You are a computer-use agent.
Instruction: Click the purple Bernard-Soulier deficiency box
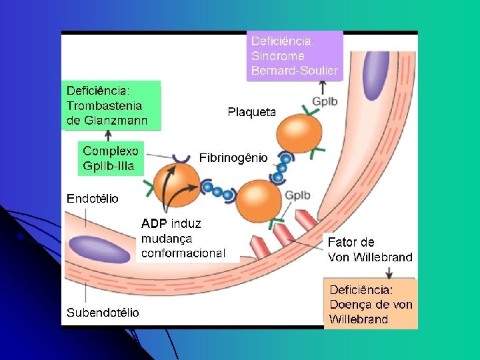tap(294, 55)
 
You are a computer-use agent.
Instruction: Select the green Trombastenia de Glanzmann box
tap(113, 105)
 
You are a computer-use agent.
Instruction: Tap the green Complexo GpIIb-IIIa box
tap(111, 158)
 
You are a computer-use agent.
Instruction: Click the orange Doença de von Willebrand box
tap(371, 304)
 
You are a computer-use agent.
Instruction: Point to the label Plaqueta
tap(251, 112)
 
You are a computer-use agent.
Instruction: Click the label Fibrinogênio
tap(233, 158)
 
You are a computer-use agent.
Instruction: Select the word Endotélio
tap(93, 198)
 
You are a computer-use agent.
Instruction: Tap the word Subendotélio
tap(103, 312)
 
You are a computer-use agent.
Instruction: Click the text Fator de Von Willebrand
tap(369, 249)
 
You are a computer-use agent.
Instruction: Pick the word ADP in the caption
tap(155, 223)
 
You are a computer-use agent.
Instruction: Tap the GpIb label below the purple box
tap(325, 101)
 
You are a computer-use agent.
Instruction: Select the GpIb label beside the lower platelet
tap(297, 195)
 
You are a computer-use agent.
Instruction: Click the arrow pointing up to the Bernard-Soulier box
tap(323, 87)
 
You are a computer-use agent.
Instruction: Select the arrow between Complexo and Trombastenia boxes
tap(109, 135)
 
